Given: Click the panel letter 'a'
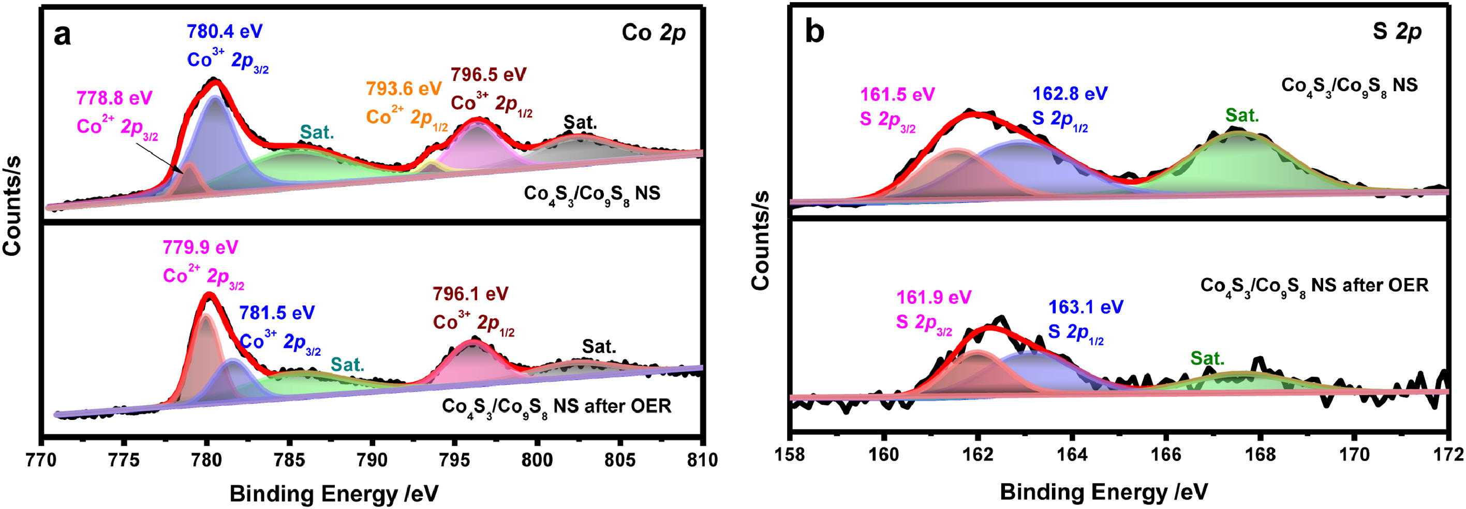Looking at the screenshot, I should [63, 35].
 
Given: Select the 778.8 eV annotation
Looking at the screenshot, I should [114, 97].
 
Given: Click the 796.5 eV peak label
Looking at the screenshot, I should [488, 75].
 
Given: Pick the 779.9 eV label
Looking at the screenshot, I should [200, 247].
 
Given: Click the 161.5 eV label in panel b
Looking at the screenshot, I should [897, 94].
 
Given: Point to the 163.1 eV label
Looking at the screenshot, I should [1086, 308].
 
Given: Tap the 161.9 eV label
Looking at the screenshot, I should [934, 297].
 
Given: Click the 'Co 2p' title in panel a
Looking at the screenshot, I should [654, 33].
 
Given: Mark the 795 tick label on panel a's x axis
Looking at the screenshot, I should [455, 459].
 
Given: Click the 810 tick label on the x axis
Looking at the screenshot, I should [702, 459].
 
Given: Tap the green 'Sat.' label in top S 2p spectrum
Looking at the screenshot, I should [1242, 115].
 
